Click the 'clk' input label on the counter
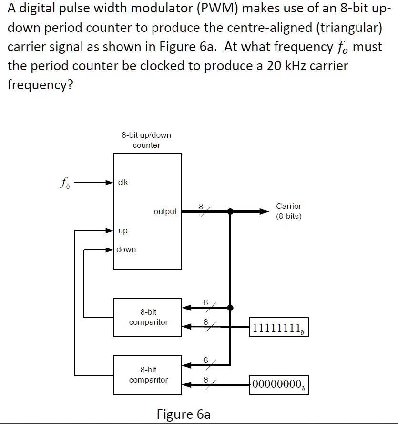pos(123,182)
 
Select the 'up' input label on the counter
pos(123,231)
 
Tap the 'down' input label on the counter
pos(126,249)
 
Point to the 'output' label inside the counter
pos(165,211)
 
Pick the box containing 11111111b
pos(278,328)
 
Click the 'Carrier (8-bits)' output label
pos(289,211)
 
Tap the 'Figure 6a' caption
pos(184,414)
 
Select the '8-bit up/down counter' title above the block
pos(146,140)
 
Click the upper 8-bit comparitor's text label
pos(148,317)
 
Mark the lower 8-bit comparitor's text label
pos(148,375)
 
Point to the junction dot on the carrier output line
pos(230,211)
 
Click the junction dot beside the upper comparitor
pos(230,308)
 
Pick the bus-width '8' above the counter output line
pos(201,206)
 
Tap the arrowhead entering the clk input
pos(109,183)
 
